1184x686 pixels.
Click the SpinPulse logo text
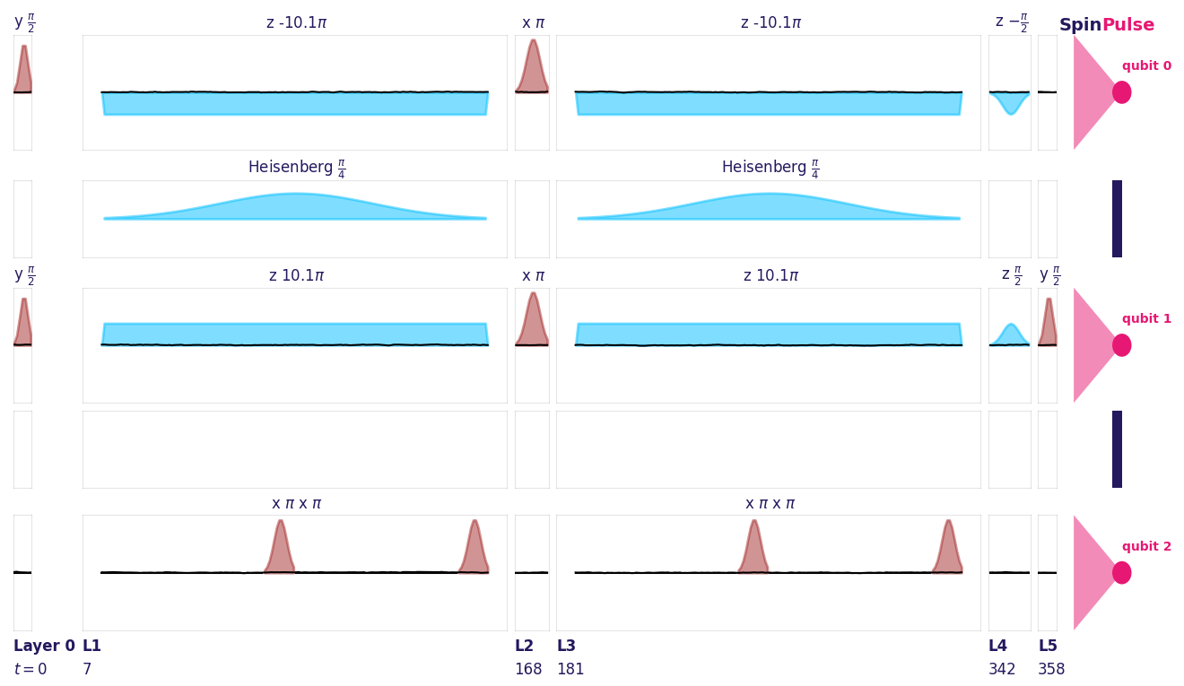pos(1106,25)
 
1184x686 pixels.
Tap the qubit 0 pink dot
pos(1121,92)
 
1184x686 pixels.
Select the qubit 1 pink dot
pos(1121,345)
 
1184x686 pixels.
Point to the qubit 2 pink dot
pos(1121,573)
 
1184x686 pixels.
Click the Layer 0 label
pos(44,646)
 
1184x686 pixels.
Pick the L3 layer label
pos(566,646)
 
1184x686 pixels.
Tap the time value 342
pos(1002,669)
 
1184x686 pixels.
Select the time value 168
pos(527,669)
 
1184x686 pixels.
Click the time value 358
pos(1051,669)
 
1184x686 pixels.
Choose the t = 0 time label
pos(30,669)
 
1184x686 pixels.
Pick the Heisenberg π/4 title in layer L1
pos(296,168)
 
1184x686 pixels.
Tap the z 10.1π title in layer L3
pos(770,275)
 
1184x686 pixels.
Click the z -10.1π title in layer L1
pos(296,22)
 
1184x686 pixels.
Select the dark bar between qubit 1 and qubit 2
pos(1117,449)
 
